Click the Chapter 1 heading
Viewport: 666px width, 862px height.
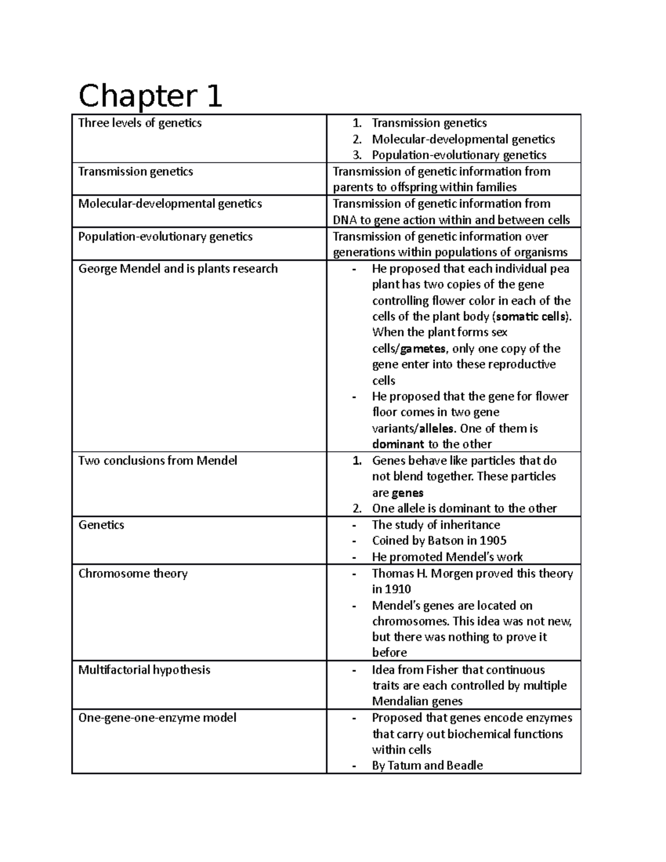pos(150,96)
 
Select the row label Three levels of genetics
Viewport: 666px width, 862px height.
pos(140,123)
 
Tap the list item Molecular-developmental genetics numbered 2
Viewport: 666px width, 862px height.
pos(463,139)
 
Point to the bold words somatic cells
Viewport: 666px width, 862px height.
pos(531,316)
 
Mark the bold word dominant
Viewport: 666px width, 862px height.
pos(397,445)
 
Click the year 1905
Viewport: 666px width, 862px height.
pos(492,541)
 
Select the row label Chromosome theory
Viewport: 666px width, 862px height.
pos(133,573)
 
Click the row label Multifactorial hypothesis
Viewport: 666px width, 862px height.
pos(144,670)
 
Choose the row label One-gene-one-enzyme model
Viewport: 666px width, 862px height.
pos(157,718)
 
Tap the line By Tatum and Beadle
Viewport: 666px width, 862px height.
pos(427,765)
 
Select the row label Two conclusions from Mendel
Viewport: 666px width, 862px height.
pos(158,461)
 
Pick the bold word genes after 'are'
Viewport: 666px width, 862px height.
pos(407,493)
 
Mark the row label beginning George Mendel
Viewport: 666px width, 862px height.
pos(178,269)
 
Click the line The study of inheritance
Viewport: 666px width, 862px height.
pos(436,525)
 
